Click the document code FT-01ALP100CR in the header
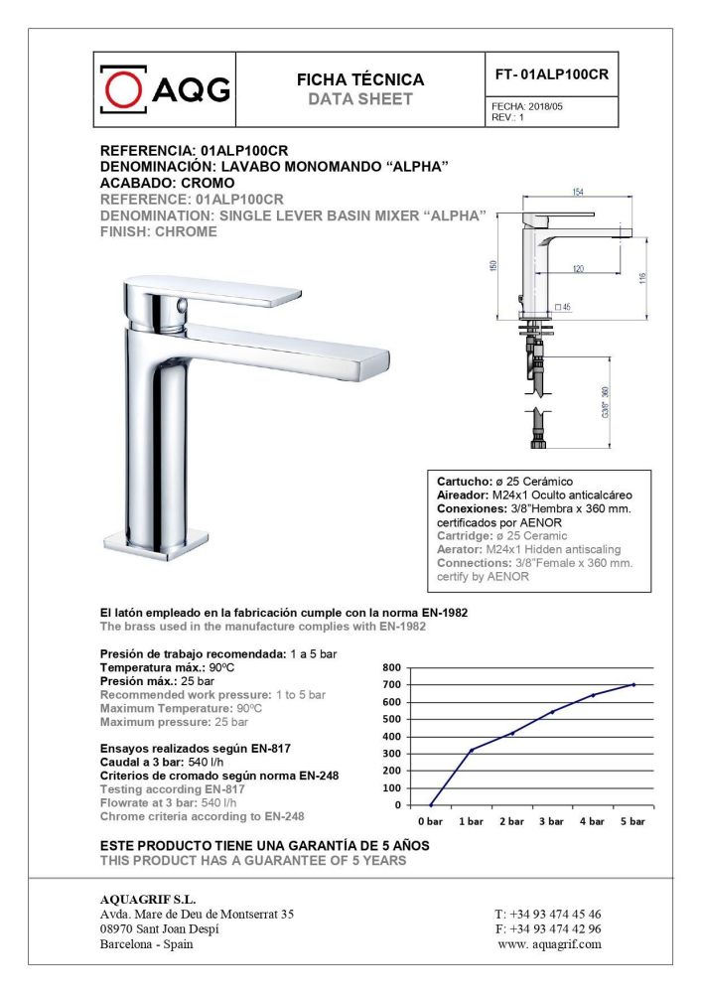551,75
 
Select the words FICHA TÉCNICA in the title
360,79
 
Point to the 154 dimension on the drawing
577,192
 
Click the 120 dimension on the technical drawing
577,268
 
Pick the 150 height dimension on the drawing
493,269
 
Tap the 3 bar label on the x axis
551,822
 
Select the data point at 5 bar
633,684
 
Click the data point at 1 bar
471,750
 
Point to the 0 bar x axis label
430,822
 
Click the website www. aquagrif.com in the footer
549,944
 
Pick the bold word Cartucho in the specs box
464,482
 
